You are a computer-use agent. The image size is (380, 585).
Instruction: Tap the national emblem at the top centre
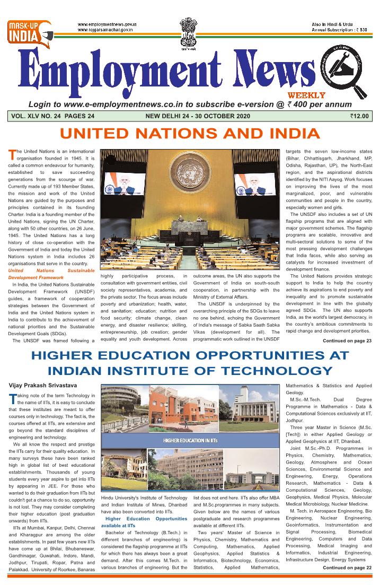[x=188, y=28]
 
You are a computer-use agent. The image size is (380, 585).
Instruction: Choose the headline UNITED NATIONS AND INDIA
[x=189, y=133]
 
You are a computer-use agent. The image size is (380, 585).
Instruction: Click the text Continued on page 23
[x=347, y=340]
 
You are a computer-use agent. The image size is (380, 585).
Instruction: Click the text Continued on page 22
[x=347, y=567]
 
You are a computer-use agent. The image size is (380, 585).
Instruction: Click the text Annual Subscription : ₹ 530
[x=340, y=30]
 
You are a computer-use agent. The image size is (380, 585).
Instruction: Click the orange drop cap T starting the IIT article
[x=12, y=399]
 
